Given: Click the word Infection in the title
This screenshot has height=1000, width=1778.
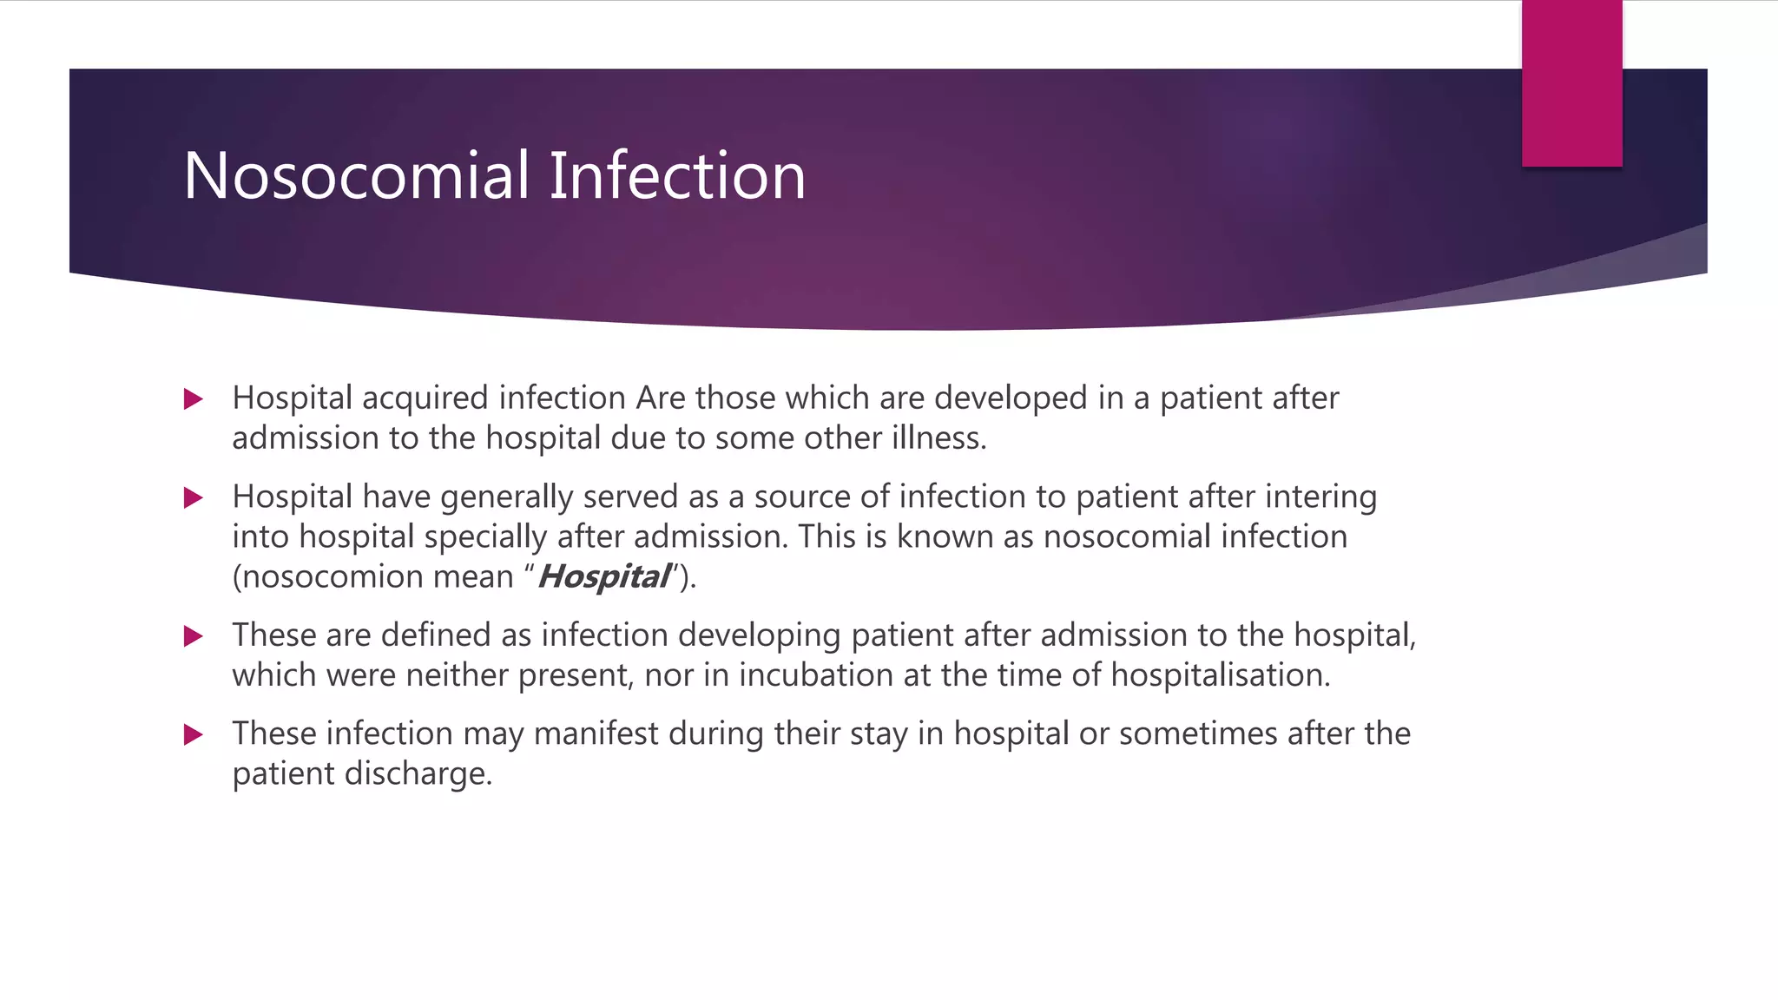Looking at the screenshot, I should (x=677, y=176).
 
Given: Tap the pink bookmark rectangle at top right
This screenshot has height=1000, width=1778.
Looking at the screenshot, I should (x=1571, y=83).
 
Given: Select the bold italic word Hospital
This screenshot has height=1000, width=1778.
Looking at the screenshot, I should (x=604, y=577).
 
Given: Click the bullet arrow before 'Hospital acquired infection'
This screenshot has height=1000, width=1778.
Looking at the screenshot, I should (x=194, y=399).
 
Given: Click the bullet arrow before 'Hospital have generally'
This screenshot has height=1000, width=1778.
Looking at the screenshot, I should (x=194, y=498).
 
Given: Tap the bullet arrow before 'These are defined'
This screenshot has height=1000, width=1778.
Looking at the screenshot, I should (x=194, y=636).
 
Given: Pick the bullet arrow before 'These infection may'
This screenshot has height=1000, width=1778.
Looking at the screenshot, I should (x=194, y=735).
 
